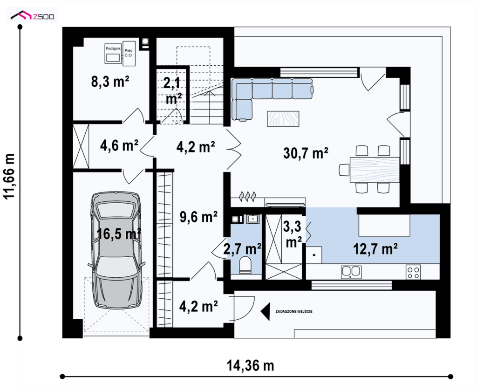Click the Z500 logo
pos(32,15)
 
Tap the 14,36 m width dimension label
pos(250,365)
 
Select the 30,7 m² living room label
pos(306,153)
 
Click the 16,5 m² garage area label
pos(119,233)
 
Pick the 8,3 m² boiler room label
pos(110,82)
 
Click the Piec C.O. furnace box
pos(129,53)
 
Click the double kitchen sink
pos(351,272)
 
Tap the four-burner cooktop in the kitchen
pos(413,272)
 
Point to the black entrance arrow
pos(266,312)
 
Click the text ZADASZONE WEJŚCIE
pos(293,312)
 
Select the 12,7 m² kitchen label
pos(375,249)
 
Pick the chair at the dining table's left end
pos(344,170)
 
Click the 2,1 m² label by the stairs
pos(174,91)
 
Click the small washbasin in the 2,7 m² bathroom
pos(253,219)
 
